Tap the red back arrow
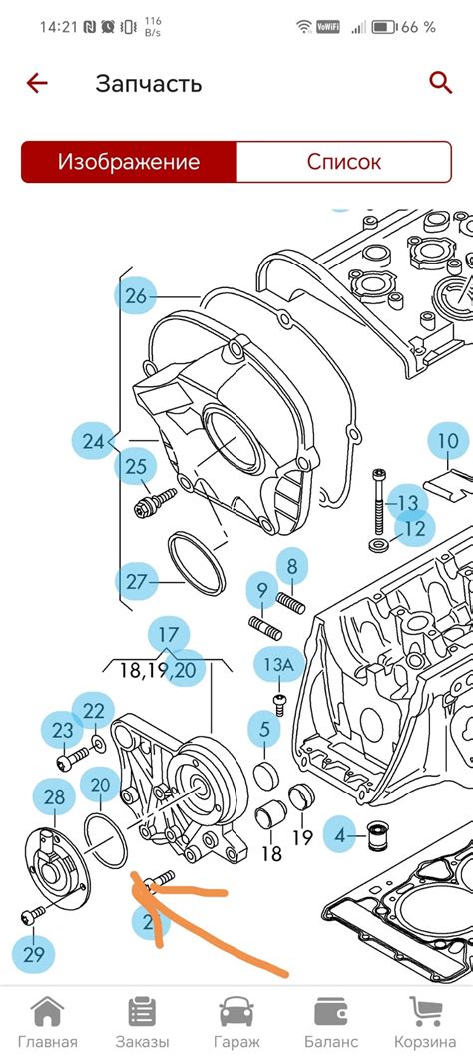pyautogui.click(x=37, y=84)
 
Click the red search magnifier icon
pyautogui.click(x=440, y=83)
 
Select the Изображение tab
pyautogui.click(x=129, y=162)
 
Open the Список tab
pyautogui.click(x=344, y=162)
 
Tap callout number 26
pyautogui.click(x=136, y=295)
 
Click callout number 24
pyautogui.click(x=94, y=441)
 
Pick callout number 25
pyautogui.click(x=136, y=466)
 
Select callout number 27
pyautogui.click(x=136, y=581)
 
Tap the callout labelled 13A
pyautogui.click(x=278, y=664)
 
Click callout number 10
pyautogui.click(x=448, y=441)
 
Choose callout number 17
pyautogui.click(x=169, y=635)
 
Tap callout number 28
pyautogui.click(x=54, y=798)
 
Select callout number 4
pyautogui.click(x=339, y=836)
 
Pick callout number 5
pyautogui.click(x=264, y=729)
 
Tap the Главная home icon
pyautogui.click(x=47, y=1012)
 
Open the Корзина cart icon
pyautogui.click(x=425, y=1012)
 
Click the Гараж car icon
pyautogui.click(x=236, y=1012)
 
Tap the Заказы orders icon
pyautogui.click(x=142, y=1012)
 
